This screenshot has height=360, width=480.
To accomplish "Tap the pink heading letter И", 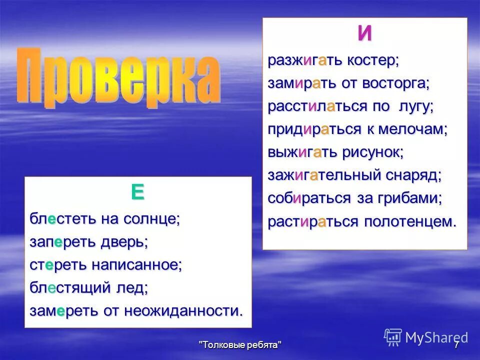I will click(x=364, y=34).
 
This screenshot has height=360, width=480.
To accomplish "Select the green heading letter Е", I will click(x=137, y=192).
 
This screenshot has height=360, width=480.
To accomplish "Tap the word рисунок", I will click(x=372, y=152).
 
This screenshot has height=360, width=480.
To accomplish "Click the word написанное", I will click(x=136, y=265).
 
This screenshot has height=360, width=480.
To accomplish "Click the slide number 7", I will click(x=456, y=345).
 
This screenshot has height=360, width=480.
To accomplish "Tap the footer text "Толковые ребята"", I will click(x=240, y=345).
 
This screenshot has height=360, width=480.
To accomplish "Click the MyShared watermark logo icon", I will click(x=393, y=336).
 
